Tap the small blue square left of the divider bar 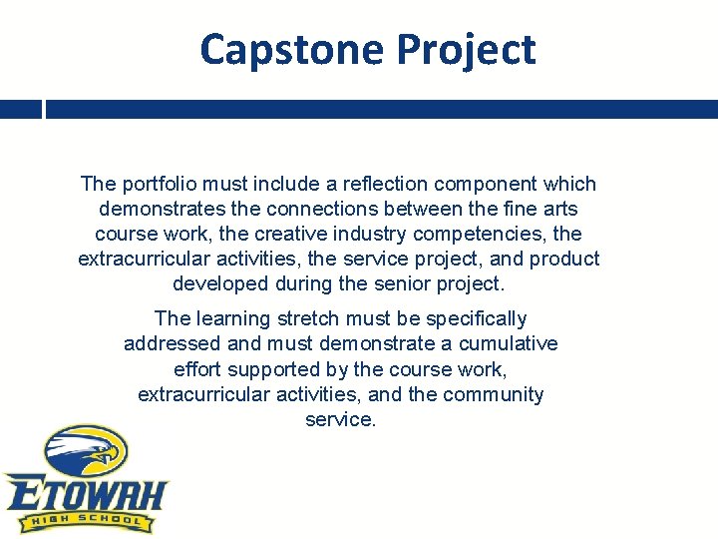20,109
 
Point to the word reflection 390,184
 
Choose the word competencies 488,234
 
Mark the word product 564,259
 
